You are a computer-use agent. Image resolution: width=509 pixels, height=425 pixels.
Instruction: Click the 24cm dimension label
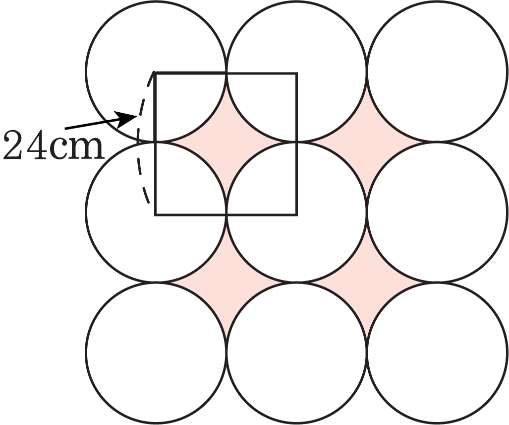click(54, 145)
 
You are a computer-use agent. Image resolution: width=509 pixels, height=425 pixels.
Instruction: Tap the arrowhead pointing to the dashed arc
click(125, 119)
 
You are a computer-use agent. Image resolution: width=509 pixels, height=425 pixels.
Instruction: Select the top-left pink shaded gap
click(226, 142)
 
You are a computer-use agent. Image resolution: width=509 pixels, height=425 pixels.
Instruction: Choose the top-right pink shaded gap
click(367, 142)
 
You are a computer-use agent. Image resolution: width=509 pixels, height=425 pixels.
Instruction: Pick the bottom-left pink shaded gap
click(226, 282)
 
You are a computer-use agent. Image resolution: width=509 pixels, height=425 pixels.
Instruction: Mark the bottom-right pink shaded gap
click(367, 282)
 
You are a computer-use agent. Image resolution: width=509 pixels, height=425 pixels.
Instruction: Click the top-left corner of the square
click(156, 74)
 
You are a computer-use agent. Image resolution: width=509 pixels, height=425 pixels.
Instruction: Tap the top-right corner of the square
click(297, 74)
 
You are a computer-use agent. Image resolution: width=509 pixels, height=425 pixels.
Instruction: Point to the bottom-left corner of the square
click(156, 214)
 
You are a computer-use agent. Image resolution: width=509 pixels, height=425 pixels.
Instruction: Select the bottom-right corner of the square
click(297, 214)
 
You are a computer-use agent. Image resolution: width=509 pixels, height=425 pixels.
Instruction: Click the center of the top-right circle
click(437, 71)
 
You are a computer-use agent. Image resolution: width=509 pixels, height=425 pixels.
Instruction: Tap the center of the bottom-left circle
click(156, 353)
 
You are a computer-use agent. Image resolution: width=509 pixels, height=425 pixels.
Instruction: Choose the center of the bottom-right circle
click(437, 353)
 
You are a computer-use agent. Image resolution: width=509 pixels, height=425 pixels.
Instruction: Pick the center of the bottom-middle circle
click(297, 353)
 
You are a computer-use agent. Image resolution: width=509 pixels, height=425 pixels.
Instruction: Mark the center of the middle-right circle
click(437, 212)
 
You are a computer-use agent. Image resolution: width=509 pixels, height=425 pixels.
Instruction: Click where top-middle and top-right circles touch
click(367, 71)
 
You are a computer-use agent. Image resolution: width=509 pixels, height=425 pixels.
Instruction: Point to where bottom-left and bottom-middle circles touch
click(226, 353)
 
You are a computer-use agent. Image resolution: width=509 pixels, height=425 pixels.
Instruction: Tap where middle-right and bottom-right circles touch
click(437, 282)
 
